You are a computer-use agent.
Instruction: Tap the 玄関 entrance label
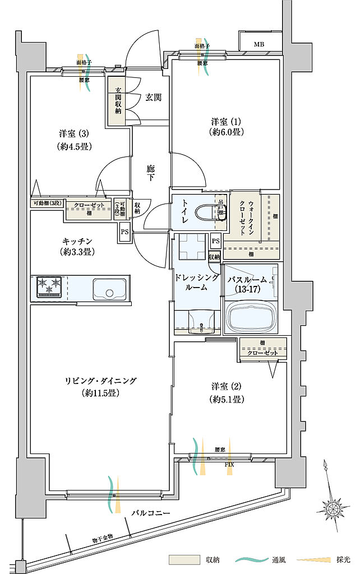point(154,98)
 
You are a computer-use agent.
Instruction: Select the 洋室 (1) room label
point(225,127)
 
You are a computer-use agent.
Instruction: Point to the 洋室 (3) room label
point(74,140)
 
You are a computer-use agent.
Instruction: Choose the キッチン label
point(77,246)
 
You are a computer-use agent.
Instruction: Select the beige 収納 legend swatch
point(184,559)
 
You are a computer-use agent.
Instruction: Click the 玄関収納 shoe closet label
point(118,101)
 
